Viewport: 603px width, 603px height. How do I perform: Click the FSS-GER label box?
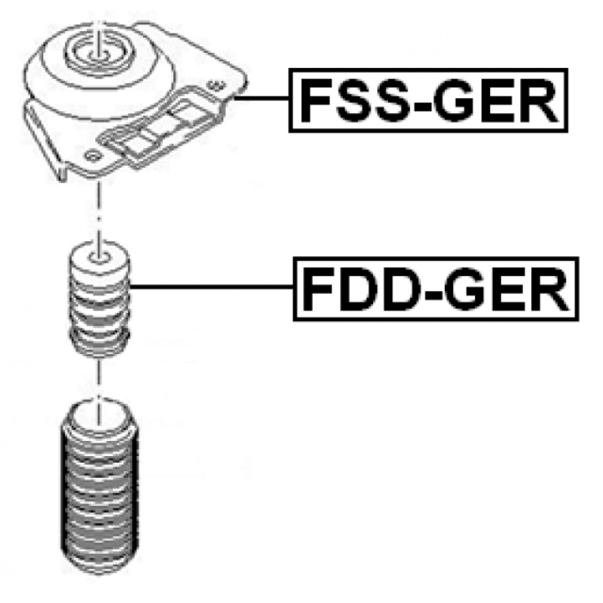click(x=428, y=100)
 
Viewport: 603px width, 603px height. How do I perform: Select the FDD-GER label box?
click(x=436, y=289)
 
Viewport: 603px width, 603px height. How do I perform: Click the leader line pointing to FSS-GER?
click(x=262, y=99)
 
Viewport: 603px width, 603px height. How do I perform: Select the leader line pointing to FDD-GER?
click(x=212, y=286)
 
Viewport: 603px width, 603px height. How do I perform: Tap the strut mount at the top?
click(x=135, y=101)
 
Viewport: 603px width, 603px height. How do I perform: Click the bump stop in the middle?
click(x=99, y=298)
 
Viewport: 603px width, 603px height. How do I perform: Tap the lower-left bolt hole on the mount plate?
click(x=92, y=156)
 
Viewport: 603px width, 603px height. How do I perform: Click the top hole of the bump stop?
click(x=99, y=257)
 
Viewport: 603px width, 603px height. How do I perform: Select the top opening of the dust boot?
click(x=99, y=417)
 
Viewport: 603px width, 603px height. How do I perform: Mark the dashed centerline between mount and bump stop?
click(x=99, y=211)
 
